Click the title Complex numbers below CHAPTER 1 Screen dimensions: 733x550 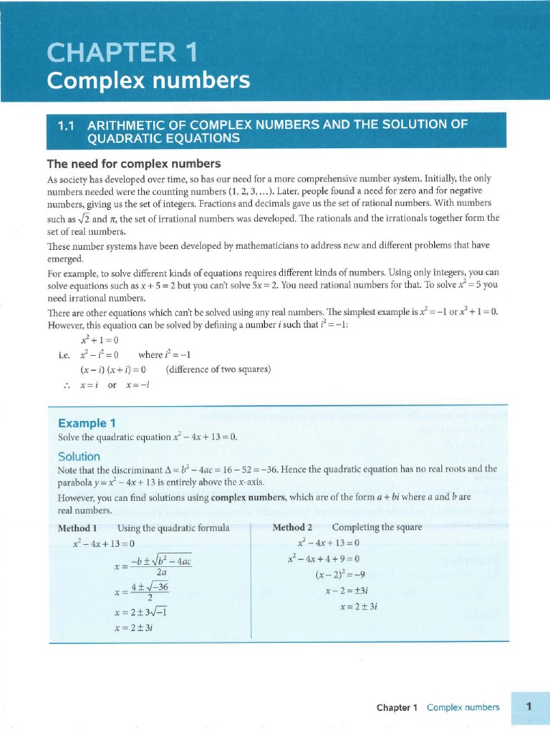coord(148,81)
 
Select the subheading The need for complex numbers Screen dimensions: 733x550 coord(133,163)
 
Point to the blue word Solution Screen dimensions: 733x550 coord(79,456)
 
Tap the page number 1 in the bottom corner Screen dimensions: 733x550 coord(529,707)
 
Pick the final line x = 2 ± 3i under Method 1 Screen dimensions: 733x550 coord(134,627)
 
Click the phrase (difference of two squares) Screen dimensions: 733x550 coord(218,369)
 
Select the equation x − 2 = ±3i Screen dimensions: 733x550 coord(346,591)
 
